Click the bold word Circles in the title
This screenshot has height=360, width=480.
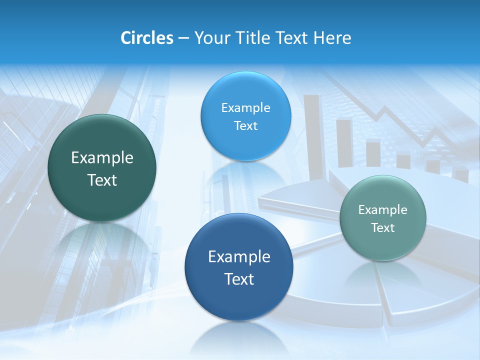pyautogui.click(x=146, y=38)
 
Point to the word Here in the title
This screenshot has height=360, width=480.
pyautogui.click(x=332, y=38)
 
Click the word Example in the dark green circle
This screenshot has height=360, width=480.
pyautogui.click(x=102, y=158)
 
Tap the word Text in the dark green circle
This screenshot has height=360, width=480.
pyautogui.click(x=102, y=180)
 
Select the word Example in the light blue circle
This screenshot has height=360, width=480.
pyautogui.click(x=245, y=108)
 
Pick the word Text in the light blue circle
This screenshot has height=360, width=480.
pyautogui.click(x=245, y=126)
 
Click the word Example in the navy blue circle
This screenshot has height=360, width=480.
pyautogui.click(x=239, y=257)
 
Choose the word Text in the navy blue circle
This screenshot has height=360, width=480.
pyautogui.click(x=239, y=279)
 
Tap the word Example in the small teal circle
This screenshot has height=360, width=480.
pyautogui.click(x=382, y=210)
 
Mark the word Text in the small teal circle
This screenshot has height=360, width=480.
pyautogui.click(x=382, y=228)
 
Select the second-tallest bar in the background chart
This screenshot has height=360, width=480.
pyautogui.click(x=344, y=142)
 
